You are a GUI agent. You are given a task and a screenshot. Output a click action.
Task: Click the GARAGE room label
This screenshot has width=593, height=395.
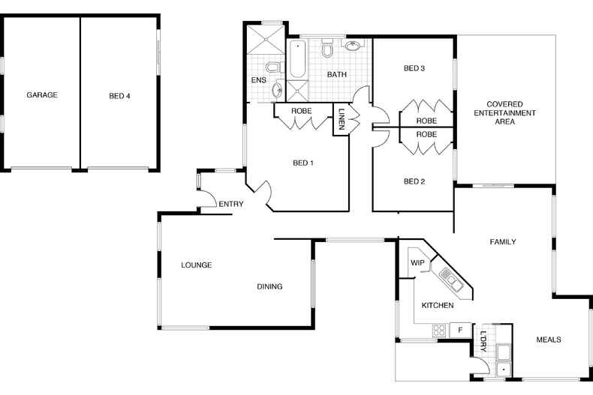click(42, 94)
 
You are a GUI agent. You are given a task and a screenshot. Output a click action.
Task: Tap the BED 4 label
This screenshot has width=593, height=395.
click(119, 96)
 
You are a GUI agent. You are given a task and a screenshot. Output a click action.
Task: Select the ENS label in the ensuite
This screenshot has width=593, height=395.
click(259, 80)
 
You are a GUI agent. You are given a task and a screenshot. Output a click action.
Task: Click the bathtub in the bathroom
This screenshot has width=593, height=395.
click(298, 58)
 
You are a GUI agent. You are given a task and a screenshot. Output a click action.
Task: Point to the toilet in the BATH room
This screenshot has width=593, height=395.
click(327, 47)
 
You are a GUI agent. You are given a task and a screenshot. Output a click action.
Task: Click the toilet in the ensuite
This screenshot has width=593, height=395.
click(273, 67)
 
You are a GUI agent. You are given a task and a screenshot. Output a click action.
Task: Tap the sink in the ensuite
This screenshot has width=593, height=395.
click(277, 91)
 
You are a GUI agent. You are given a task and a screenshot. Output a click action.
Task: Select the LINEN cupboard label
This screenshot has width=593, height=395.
click(342, 119)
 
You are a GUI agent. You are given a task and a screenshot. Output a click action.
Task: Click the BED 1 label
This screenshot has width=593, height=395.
click(303, 163)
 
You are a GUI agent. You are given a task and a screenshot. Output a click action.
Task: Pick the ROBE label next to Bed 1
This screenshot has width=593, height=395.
click(302, 111)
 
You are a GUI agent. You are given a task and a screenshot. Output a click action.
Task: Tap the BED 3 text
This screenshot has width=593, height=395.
click(414, 68)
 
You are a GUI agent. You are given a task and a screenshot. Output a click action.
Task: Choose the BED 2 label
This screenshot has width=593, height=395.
click(414, 181)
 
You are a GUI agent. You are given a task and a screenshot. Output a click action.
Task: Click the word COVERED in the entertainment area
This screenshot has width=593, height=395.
click(504, 104)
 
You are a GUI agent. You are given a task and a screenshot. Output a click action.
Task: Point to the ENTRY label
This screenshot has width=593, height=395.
click(231, 205)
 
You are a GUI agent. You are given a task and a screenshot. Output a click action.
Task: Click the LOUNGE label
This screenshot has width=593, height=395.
click(196, 265)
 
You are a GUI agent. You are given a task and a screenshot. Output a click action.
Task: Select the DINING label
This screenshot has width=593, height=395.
click(269, 286)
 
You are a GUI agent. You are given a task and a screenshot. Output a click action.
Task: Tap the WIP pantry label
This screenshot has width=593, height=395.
click(417, 263)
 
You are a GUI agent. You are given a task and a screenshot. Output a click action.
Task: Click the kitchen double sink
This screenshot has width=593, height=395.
click(452, 280)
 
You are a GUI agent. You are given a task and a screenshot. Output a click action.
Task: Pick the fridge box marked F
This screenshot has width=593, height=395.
click(460, 330)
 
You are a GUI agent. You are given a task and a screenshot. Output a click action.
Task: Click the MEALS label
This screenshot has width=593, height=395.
click(549, 340)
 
